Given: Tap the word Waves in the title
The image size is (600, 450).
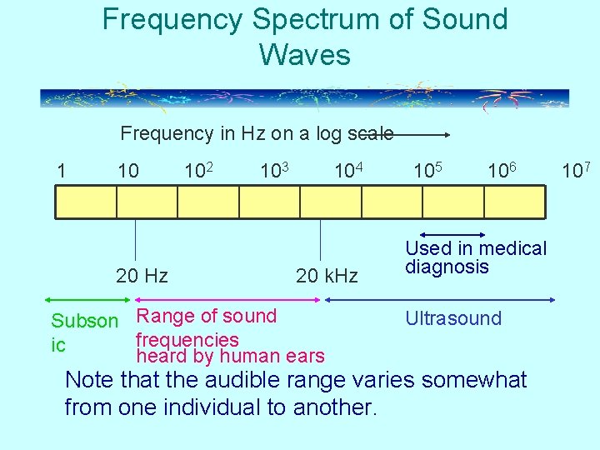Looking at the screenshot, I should point(304,55).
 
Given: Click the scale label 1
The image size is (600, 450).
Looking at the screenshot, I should point(61,172).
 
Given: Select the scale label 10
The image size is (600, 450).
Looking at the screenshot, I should point(128,172).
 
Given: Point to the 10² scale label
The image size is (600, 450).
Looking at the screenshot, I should point(200,171).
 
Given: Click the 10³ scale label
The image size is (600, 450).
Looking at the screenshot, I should point(274,171).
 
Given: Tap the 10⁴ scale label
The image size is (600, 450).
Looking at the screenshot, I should point(347,171).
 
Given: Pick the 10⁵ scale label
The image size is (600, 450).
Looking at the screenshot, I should point(428,171).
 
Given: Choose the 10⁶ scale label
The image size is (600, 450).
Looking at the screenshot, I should point(502,171).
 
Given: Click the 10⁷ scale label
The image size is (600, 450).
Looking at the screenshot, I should point(576,171).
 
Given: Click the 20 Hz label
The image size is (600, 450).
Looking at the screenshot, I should point(142,276).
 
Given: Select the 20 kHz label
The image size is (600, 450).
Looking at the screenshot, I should point(327,276).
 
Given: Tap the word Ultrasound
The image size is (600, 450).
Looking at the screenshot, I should point(453,318).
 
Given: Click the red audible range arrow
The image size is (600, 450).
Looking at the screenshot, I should point(226,298).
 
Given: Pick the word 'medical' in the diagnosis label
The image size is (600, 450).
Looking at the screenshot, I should point(512,248).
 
